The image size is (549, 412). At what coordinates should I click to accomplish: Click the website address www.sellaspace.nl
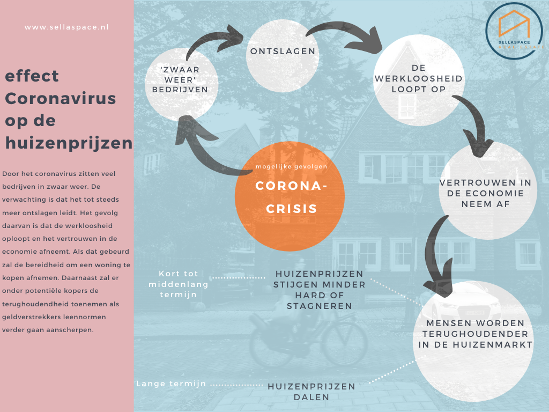click(66, 27)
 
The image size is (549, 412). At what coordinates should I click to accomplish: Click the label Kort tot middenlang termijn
click(178, 284)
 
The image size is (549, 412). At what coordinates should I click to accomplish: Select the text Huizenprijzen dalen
click(311, 392)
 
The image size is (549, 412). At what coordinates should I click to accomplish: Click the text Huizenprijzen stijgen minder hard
click(319, 290)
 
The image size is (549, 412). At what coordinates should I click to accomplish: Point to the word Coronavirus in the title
click(61, 99)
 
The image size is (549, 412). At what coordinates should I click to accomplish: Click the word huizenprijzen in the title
click(69, 143)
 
